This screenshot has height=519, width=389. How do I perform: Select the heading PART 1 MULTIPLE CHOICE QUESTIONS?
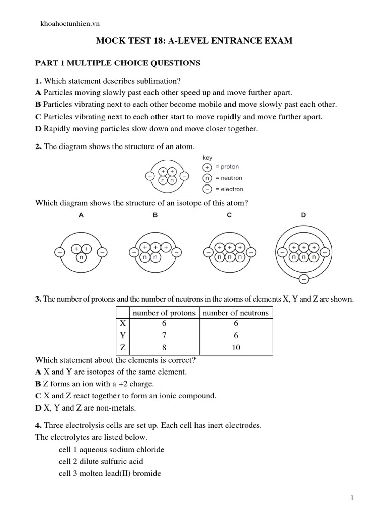click(x=117, y=63)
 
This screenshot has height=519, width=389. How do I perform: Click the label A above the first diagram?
click(x=81, y=215)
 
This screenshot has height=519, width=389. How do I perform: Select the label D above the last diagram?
click(x=303, y=215)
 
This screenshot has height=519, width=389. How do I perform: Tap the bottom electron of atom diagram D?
click(x=303, y=278)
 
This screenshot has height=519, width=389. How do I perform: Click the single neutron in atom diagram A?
click(x=81, y=258)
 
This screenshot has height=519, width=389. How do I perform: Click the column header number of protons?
click(x=164, y=313)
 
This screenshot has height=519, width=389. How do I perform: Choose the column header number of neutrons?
click(x=236, y=313)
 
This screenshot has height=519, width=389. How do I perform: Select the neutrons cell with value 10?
click(x=236, y=348)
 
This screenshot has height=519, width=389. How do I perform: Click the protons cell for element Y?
click(x=164, y=336)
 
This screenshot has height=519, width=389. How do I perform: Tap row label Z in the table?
click(x=122, y=348)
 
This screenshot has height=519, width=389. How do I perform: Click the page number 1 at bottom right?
click(x=352, y=499)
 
